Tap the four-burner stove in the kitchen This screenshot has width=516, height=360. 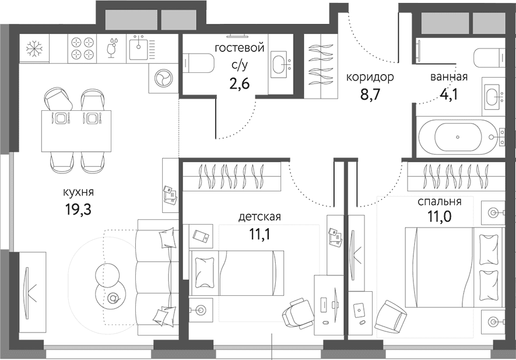[x=83, y=48]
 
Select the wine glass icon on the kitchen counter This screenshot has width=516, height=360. [x=112, y=48]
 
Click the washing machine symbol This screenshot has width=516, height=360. [x=163, y=78]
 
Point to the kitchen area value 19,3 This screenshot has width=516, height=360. [x=78, y=209]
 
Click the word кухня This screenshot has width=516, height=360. [x=78, y=192]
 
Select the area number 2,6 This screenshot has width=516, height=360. [x=239, y=83]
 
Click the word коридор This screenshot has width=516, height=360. [x=370, y=78]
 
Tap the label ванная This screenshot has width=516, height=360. [x=449, y=77]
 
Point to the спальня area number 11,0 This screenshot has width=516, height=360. [x=440, y=216]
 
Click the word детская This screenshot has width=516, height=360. [x=259, y=217]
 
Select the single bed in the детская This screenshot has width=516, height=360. [x=236, y=272]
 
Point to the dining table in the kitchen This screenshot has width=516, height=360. [x=76, y=131]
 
